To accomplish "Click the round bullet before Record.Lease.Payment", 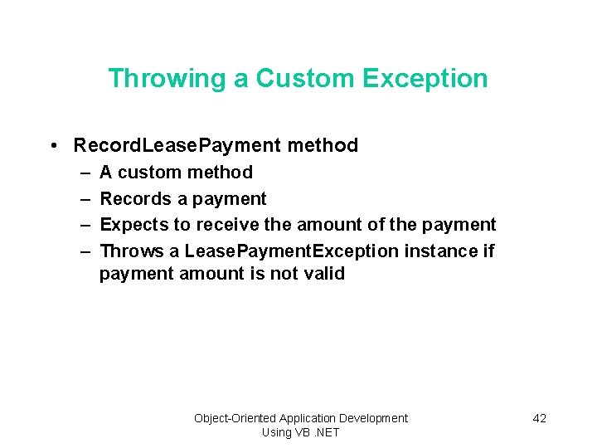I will coord(52,146).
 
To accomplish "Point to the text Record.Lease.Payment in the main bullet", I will coord(177,146).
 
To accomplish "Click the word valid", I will coord(322,274).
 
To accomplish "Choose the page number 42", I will coord(539,418).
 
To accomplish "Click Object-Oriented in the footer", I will coord(235,418).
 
